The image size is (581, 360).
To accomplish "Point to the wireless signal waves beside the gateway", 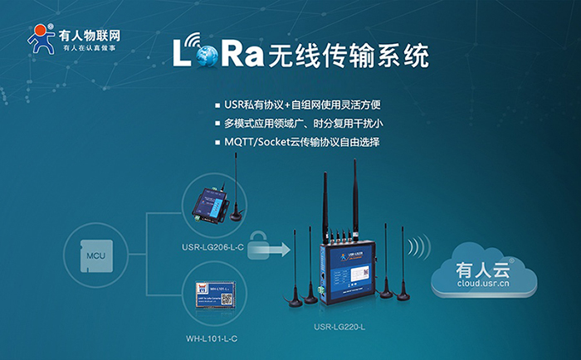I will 420,246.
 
